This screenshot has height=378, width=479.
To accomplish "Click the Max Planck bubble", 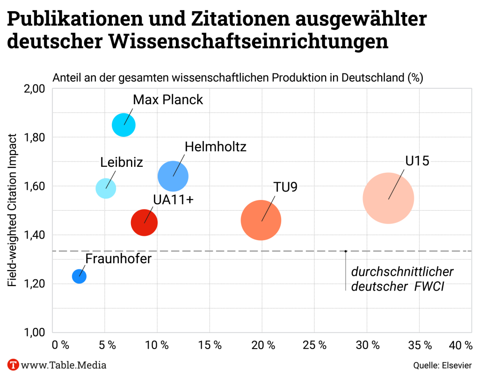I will coord(123,125).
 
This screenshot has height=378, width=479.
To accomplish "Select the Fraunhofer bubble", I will coord(79,276).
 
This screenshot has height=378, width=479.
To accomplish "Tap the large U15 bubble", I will coord(388,198).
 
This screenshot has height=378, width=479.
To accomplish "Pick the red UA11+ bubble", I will coord(144,222).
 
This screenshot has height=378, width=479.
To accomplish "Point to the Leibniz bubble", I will coord(106,188).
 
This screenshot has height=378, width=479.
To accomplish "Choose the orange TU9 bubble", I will coord(261,220).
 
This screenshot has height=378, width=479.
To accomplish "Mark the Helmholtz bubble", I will coord(173,176).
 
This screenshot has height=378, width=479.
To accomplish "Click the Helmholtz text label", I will coord(215,147).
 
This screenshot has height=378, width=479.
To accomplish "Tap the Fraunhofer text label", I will coord(118,259).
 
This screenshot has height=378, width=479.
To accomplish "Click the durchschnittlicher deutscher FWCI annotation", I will coord(402,279).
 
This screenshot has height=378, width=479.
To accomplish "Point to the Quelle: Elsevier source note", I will coord(443,365).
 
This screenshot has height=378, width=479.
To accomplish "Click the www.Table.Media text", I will coord(64,365).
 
